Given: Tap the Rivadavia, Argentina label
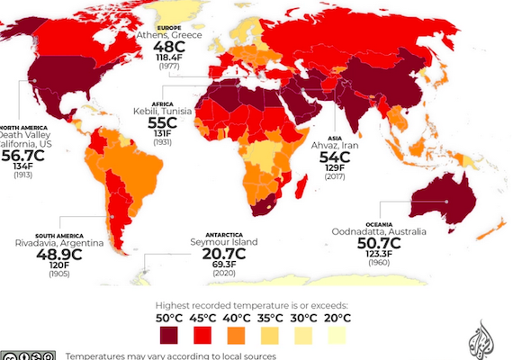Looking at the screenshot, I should click(54, 242).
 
